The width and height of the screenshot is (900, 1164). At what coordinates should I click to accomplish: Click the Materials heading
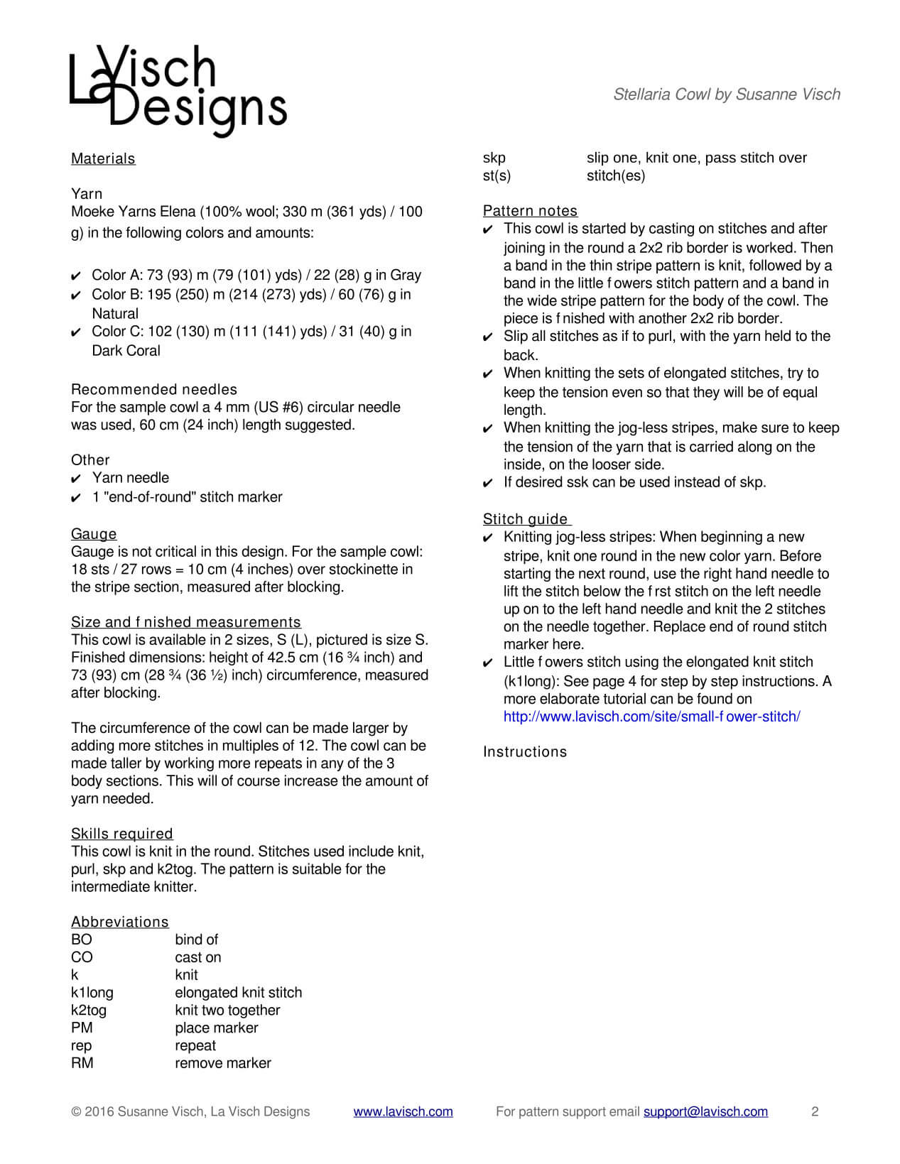(103, 159)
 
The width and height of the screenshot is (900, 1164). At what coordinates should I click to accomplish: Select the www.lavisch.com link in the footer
(403, 1111)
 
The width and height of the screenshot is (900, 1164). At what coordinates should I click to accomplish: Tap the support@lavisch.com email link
(705, 1111)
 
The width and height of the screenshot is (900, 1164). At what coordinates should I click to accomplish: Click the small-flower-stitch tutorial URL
(651, 717)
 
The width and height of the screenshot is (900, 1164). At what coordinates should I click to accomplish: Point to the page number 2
(815, 1111)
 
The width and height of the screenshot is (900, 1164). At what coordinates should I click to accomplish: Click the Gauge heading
(94, 534)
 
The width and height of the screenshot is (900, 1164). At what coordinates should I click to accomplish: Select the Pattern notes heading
(530, 211)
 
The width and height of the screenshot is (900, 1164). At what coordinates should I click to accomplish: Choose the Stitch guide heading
(526, 519)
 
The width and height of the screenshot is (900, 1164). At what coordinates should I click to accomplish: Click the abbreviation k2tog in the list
(89, 1010)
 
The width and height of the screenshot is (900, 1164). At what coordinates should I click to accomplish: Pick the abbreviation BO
(81, 940)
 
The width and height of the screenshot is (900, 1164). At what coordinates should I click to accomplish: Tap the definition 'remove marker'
(223, 1063)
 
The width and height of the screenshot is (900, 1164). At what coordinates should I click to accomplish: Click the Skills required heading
(121, 834)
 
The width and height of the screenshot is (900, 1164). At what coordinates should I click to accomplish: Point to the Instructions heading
(525, 752)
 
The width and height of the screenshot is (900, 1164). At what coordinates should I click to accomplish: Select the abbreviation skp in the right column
(494, 158)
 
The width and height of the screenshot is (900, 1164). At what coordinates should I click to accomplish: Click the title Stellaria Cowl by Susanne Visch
(726, 94)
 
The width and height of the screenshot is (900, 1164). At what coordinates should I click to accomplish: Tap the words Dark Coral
(126, 351)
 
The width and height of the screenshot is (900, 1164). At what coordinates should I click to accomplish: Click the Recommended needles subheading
(154, 389)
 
